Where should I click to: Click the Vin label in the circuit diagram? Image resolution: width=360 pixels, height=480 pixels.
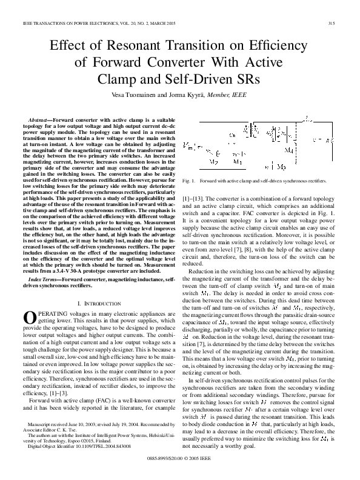[189, 146]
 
